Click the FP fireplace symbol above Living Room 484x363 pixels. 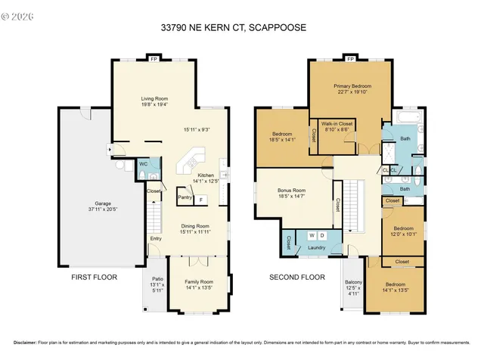point(154,58)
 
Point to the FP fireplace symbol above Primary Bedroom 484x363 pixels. point(349,58)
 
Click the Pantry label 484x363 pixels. point(185,197)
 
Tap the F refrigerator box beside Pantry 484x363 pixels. point(201,200)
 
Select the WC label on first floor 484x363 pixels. point(142,163)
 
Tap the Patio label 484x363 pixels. point(157,282)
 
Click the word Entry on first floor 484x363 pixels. point(156,240)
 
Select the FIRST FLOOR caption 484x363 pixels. point(94,278)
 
